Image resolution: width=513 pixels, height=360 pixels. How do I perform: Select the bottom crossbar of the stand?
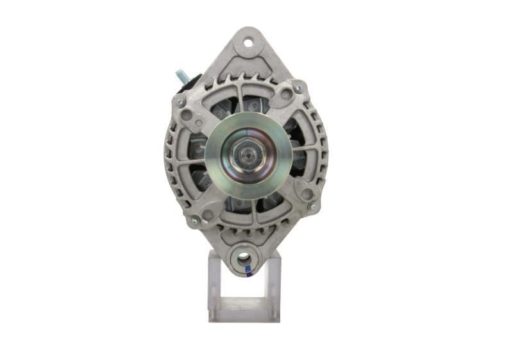click(x=244, y=314)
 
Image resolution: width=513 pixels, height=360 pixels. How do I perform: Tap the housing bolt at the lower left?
click(x=194, y=220)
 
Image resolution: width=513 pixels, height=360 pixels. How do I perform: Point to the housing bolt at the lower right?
click(x=312, y=207)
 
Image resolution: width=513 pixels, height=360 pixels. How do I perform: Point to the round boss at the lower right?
click(x=306, y=193)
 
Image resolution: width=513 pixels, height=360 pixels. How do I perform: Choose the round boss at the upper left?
click(x=188, y=116)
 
